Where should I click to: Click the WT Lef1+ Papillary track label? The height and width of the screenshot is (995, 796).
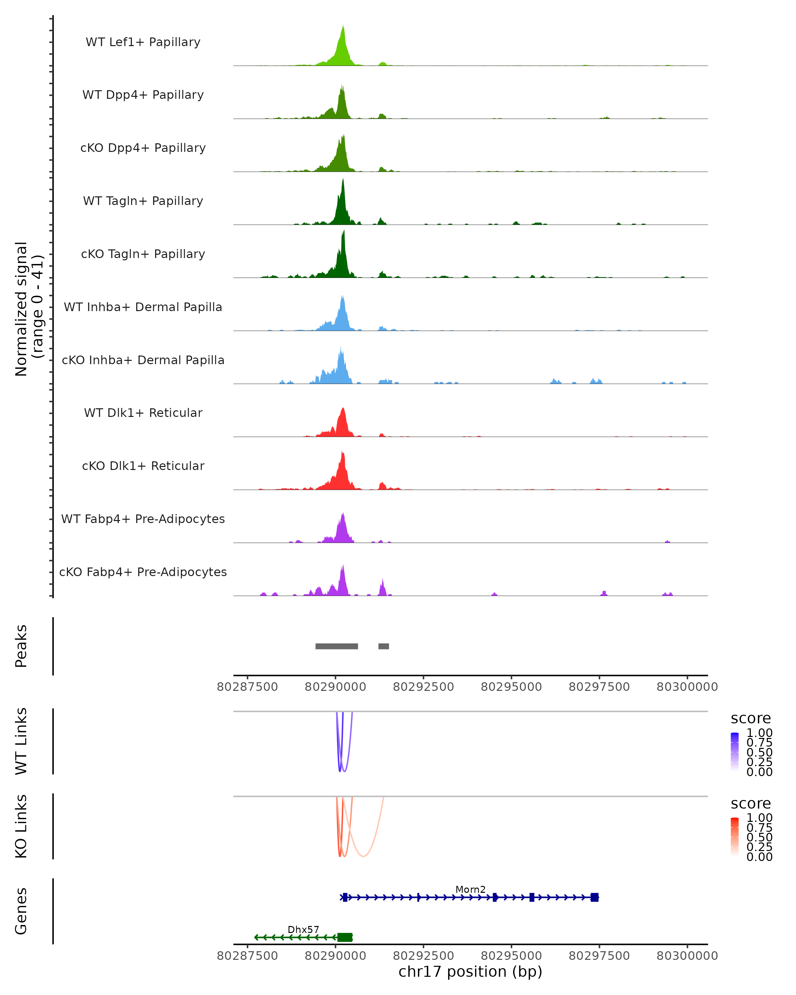tap(143, 42)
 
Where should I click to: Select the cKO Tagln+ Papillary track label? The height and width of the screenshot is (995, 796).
tap(143, 254)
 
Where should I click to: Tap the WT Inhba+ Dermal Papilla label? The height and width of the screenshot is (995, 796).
tap(143, 307)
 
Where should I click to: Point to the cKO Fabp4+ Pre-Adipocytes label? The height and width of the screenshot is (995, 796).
tap(143, 572)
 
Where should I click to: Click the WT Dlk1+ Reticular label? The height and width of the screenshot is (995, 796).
tap(143, 413)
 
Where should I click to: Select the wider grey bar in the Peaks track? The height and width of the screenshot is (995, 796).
tap(336, 646)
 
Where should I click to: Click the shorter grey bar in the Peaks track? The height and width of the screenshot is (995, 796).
tap(383, 646)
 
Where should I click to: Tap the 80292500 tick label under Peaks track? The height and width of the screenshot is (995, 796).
tap(423, 687)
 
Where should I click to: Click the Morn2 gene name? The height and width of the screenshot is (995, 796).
tap(470, 889)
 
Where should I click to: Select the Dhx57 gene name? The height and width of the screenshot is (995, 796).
tap(303, 929)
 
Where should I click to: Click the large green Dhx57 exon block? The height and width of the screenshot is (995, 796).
tap(345, 937)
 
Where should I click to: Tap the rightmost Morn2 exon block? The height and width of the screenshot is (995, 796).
tap(594, 897)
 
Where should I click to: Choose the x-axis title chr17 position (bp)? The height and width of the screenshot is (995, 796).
tap(470, 972)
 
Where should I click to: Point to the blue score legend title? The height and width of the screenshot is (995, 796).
tap(750, 718)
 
